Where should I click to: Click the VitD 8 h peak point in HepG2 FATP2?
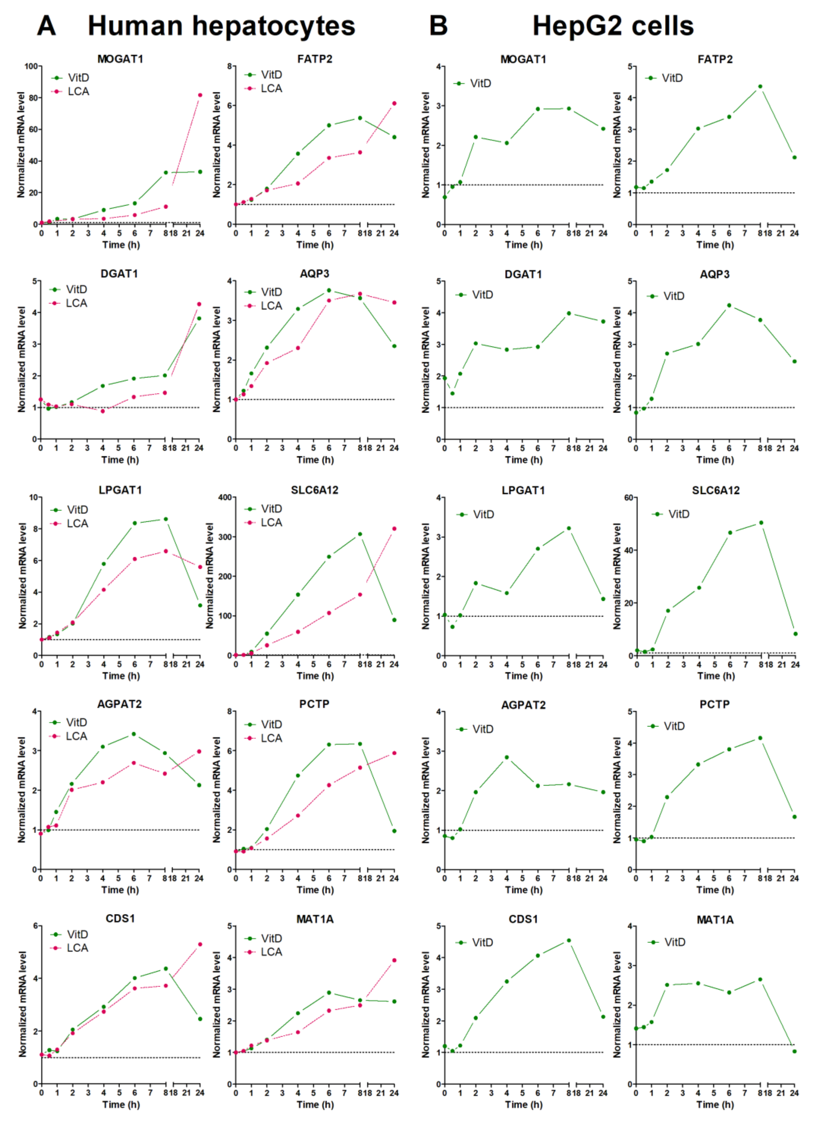760,87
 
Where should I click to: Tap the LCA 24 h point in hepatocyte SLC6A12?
394,529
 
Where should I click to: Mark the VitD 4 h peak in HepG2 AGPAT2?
507,757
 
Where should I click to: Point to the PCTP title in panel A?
314,704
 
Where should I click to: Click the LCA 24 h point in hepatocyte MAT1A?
394,960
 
